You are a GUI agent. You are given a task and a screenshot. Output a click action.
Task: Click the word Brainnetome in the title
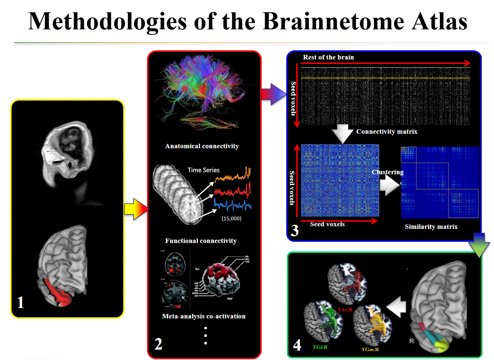coord(333,21)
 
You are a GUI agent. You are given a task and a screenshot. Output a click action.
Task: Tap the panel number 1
coord(21,302)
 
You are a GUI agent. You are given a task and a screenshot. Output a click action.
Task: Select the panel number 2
coord(158,344)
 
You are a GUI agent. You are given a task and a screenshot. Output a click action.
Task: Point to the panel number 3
coord(295,231)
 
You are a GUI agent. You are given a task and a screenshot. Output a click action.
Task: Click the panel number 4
coord(297,345)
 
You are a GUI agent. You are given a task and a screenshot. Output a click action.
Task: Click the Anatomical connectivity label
coord(202,146)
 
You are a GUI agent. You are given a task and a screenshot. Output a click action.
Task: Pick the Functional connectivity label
coord(201,241)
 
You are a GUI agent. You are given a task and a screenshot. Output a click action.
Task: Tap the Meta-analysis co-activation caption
coord(204,316)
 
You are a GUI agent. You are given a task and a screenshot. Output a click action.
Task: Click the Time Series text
coord(203,170)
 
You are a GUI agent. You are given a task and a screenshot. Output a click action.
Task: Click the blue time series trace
coord(232,205)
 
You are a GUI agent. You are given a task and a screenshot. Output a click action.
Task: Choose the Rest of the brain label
coord(328,57)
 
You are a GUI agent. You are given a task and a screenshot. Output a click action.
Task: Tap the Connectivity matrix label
coord(387,132)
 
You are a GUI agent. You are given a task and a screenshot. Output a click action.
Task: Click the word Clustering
coord(387,172)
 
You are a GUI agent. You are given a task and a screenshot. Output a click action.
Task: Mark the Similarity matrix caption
coord(431,227)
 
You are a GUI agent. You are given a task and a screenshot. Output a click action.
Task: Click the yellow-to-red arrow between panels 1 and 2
coord(136,209)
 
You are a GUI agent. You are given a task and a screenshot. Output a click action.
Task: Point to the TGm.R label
coord(370,349)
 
